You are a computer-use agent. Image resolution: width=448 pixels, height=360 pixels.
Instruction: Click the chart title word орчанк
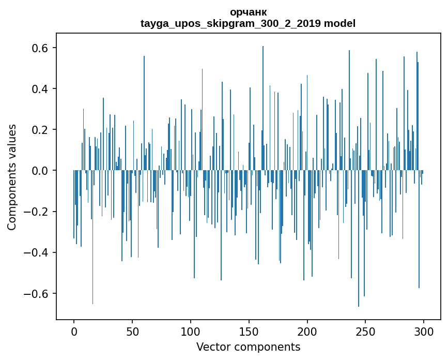point(248,12)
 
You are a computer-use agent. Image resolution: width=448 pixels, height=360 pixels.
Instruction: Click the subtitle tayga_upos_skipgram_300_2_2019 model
point(248,23)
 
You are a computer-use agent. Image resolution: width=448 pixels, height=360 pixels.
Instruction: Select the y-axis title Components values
point(12,177)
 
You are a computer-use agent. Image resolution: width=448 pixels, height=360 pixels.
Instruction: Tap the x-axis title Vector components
point(248,347)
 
